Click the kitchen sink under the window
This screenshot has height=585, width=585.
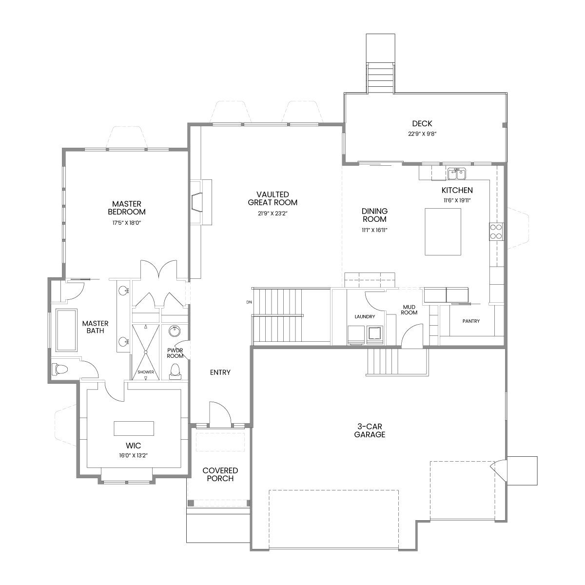point(457,174)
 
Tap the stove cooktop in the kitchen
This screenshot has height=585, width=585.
point(496,232)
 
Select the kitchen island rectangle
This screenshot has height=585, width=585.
point(443,232)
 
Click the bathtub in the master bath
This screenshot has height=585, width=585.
point(66,330)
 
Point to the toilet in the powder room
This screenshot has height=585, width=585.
point(175,371)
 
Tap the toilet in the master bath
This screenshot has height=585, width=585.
point(59,370)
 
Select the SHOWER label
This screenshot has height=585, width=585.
point(146,372)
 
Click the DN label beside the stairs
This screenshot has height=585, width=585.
point(249,302)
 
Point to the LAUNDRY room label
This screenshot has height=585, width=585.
point(365,316)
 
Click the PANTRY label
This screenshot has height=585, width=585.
point(471,321)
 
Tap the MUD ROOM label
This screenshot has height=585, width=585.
point(409,310)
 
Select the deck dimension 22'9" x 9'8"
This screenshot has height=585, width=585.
point(422,134)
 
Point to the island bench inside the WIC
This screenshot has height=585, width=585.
point(134,429)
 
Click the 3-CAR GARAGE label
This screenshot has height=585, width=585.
point(370,430)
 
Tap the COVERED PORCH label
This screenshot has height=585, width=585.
point(220,474)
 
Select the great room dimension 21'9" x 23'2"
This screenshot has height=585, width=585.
point(273,214)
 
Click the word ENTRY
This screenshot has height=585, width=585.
point(220,372)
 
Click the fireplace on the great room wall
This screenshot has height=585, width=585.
point(201,202)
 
